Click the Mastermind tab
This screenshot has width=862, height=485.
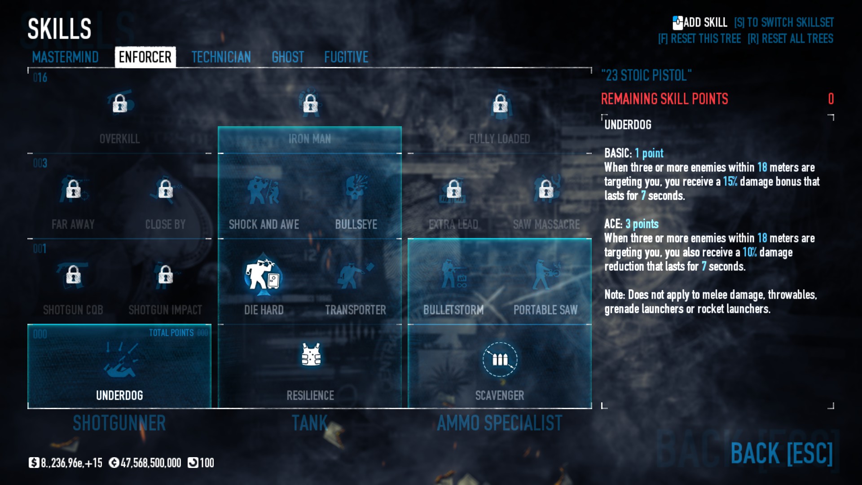[65, 57]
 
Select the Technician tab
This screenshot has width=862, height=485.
[221, 57]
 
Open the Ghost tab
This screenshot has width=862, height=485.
[288, 57]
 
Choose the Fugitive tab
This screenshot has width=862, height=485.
[346, 57]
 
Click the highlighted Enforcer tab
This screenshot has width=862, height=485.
[145, 57]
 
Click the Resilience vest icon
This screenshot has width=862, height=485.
[311, 355]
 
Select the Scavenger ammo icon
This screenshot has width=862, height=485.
[500, 359]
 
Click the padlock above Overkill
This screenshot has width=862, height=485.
[120, 104]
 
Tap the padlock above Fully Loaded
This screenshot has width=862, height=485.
[500, 104]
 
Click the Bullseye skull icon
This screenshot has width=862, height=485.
[356, 189]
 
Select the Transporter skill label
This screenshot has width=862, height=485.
[356, 310]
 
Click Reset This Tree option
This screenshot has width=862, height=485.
[699, 39]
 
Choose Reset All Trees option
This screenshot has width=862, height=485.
[790, 39]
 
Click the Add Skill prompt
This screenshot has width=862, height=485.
[700, 22]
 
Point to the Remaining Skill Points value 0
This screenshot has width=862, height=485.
[831, 99]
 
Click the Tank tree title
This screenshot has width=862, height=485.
[310, 423]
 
